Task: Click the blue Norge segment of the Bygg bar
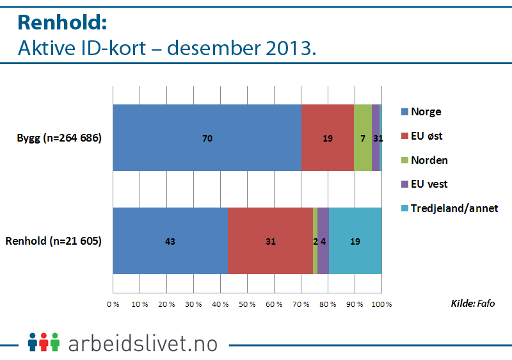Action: pos(207,138)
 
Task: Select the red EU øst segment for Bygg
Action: pos(328,138)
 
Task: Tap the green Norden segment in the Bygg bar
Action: pos(363,138)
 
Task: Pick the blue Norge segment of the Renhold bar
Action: pos(170,241)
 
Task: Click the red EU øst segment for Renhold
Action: pos(270,241)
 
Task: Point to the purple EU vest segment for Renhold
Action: pos(323,241)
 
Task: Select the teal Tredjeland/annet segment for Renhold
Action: pos(355,241)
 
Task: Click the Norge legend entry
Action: pos(426,111)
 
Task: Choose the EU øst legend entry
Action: pos(428,136)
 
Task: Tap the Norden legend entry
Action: pos(429,160)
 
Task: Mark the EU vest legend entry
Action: pos(429,184)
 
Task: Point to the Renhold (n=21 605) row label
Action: pos(54,241)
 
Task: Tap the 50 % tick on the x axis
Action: pos(248,304)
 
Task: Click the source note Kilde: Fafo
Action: pos(473,302)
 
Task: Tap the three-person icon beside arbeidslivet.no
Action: pos(44,342)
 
